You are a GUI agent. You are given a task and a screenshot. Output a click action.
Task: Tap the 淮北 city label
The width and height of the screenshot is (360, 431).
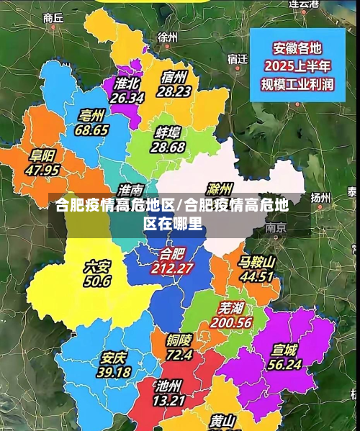pyautogui.click(x=127, y=83)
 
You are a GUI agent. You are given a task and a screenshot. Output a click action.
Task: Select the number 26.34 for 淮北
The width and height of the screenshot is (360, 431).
pyautogui.click(x=127, y=97)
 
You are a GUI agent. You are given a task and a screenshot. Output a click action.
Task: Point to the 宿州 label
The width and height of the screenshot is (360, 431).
pyautogui.click(x=174, y=77)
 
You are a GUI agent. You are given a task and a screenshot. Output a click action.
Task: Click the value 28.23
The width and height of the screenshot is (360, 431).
pyautogui.click(x=174, y=91)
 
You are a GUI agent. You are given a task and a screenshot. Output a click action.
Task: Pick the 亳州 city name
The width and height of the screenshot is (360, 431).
pyautogui.click(x=91, y=116)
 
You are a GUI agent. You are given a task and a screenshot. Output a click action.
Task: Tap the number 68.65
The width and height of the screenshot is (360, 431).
pyautogui.click(x=91, y=130)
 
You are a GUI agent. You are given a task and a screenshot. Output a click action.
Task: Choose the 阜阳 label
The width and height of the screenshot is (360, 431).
pyautogui.click(x=42, y=156)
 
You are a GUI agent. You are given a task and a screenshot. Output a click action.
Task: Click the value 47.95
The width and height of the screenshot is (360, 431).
pyautogui.click(x=42, y=171)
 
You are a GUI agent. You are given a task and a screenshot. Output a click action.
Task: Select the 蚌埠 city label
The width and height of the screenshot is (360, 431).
pyautogui.click(x=168, y=132)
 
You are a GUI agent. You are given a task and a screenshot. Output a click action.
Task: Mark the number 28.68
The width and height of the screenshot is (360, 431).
pyautogui.click(x=168, y=147)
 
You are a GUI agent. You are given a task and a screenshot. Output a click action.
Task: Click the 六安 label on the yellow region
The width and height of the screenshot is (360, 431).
pyautogui.click(x=97, y=267)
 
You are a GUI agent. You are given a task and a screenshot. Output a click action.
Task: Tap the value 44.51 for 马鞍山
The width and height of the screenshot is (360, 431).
pyautogui.click(x=257, y=276)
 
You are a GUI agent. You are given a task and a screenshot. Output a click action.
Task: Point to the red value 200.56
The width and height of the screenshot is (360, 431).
pyautogui.click(x=231, y=323)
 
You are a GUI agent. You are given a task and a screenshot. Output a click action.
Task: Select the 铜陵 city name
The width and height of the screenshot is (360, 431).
pyautogui.click(x=179, y=340)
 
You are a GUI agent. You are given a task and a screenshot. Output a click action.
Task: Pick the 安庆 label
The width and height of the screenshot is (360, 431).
pyautogui.click(x=114, y=358)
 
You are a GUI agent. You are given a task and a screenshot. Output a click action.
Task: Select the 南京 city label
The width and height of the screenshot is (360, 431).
pyautogui.click(x=276, y=227)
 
